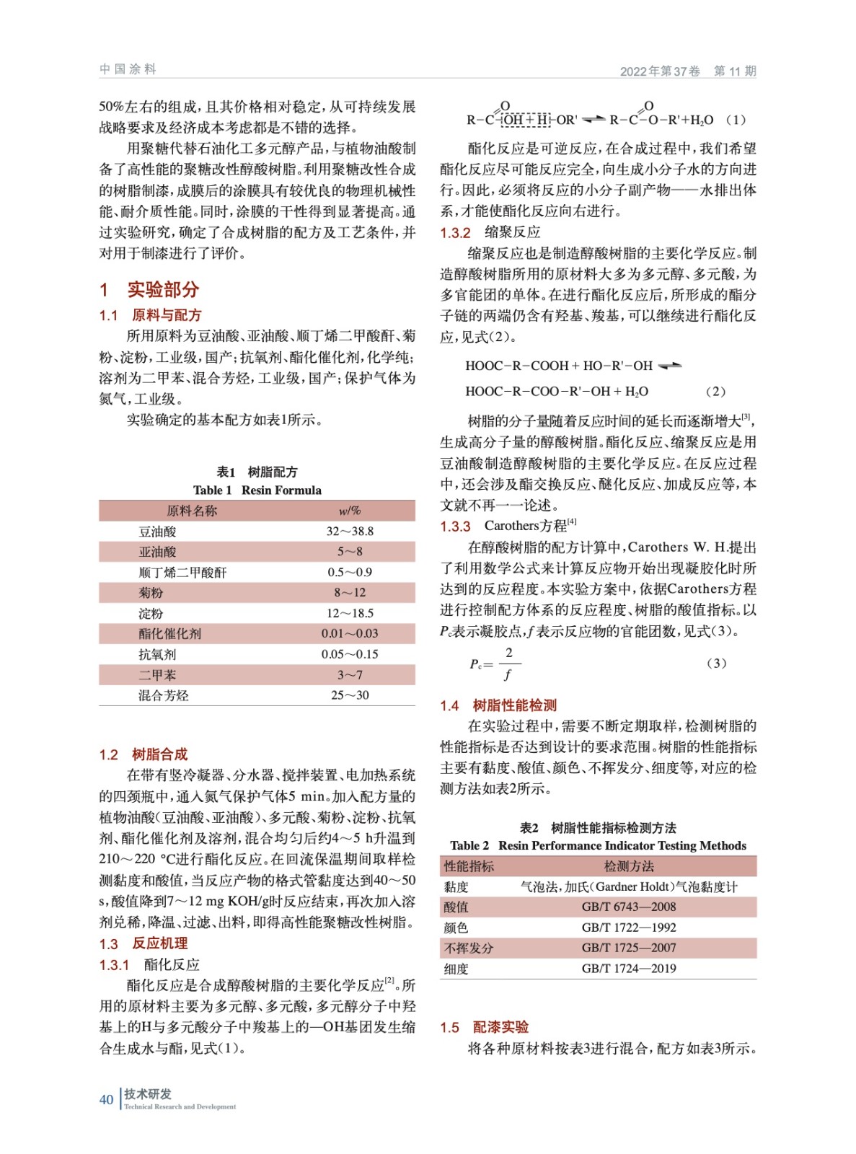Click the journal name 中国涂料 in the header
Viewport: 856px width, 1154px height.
coord(128,69)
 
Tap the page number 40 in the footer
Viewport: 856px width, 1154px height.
coord(106,1099)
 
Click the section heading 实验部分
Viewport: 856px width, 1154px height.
coord(163,290)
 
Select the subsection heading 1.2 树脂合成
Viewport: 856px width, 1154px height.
coord(144,754)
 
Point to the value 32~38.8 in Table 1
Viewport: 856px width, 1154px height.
coord(350,532)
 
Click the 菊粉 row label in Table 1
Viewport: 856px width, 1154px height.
coord(151,593)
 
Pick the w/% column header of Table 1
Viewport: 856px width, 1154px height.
coord(350,511)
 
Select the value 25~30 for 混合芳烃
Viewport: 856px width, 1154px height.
coord(350,695)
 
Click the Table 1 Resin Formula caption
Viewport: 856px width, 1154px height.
coord(257,490)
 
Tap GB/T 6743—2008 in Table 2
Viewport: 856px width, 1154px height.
coord(628,907)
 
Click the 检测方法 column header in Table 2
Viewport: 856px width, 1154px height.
coord(628,866)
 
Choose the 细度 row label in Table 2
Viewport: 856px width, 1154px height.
coord(456,969)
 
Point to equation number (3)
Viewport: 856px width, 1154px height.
coord(715,663)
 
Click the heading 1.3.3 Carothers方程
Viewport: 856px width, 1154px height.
coord(508,526)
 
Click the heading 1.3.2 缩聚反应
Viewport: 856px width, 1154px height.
coord(490,232)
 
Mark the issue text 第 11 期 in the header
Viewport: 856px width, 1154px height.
coord(734,71)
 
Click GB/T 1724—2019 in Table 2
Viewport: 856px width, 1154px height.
coord(628,969)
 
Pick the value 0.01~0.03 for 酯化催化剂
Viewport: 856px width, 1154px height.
coord(350,634)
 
